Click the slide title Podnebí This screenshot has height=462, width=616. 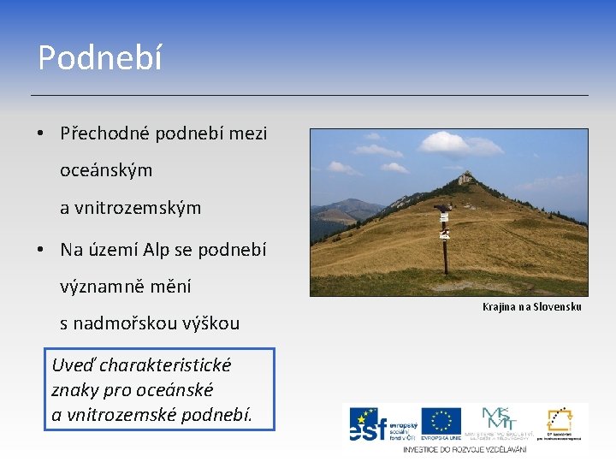(x=99, y=58)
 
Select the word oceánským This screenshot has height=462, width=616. (x=106, y=170)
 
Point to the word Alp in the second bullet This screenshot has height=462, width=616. (x=156, y=250)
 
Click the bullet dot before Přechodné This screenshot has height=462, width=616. (x=40, y=134)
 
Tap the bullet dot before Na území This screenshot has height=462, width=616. (x=40, y=251)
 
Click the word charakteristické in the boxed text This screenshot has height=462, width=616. (x=166, y=365)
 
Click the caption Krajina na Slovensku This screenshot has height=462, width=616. (x=531, y=306)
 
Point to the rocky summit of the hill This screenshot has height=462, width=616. (x=465, y=178)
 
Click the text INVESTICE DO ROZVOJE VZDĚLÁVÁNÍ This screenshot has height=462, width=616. (x=465, y=448)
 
